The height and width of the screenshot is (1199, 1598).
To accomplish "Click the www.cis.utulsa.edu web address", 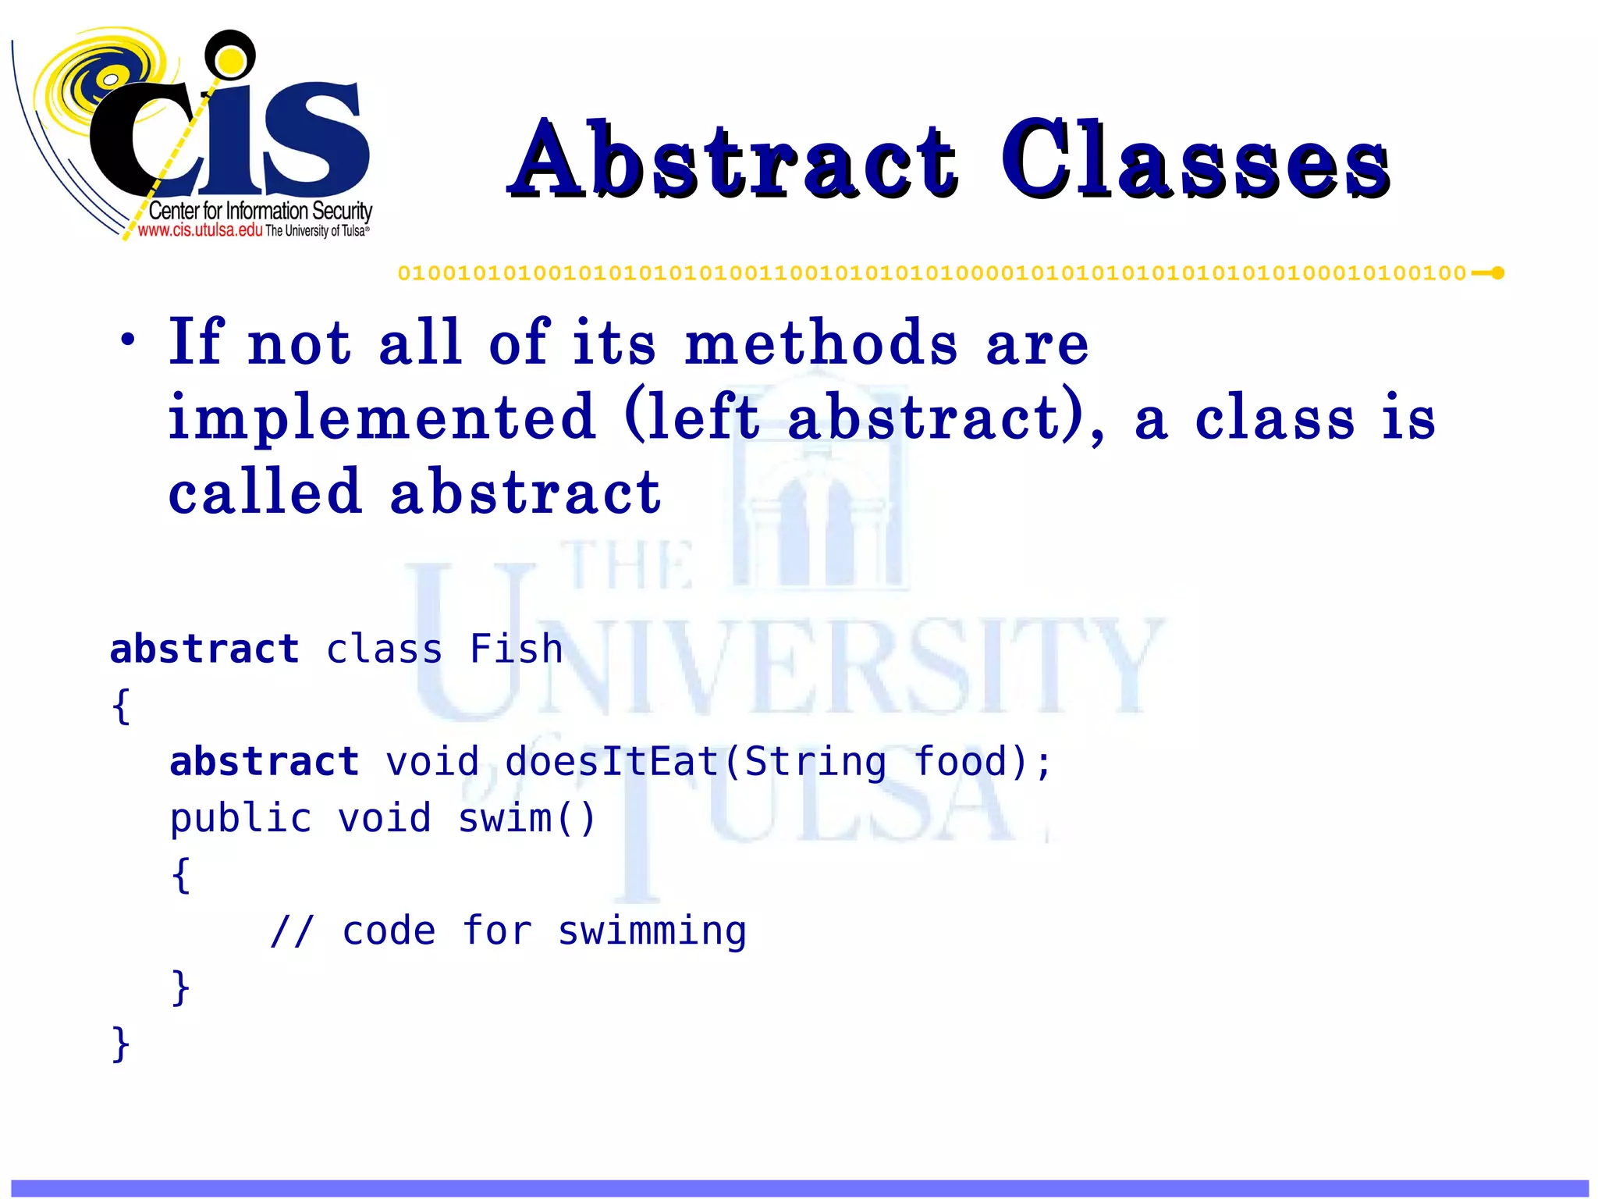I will (x=200, y=230).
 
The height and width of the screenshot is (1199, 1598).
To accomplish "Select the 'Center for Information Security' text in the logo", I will (x=260, y=211).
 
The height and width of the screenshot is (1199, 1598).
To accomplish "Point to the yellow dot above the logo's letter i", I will (x=230, y=59).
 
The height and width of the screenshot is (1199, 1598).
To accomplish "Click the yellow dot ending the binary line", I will (x=1497, y=273).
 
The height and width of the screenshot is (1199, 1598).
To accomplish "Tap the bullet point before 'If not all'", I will (x=127, y=341).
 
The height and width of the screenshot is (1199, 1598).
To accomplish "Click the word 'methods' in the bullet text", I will (x=821, y=343).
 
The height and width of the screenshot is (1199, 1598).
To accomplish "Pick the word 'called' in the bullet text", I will (x=265, y=493).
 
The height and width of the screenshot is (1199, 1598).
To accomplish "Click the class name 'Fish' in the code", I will (x=516, y=649).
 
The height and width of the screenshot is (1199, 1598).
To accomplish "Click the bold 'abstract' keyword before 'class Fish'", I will (x=204, y=649).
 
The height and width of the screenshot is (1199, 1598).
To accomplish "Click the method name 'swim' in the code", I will (x=505, y=819).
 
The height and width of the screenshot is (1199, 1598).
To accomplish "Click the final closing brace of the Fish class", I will (x=120, y=1044).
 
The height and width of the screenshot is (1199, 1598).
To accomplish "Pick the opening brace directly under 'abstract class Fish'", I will (x=120, y=706).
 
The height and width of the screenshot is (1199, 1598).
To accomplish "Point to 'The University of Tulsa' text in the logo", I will (x=316, y=231).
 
